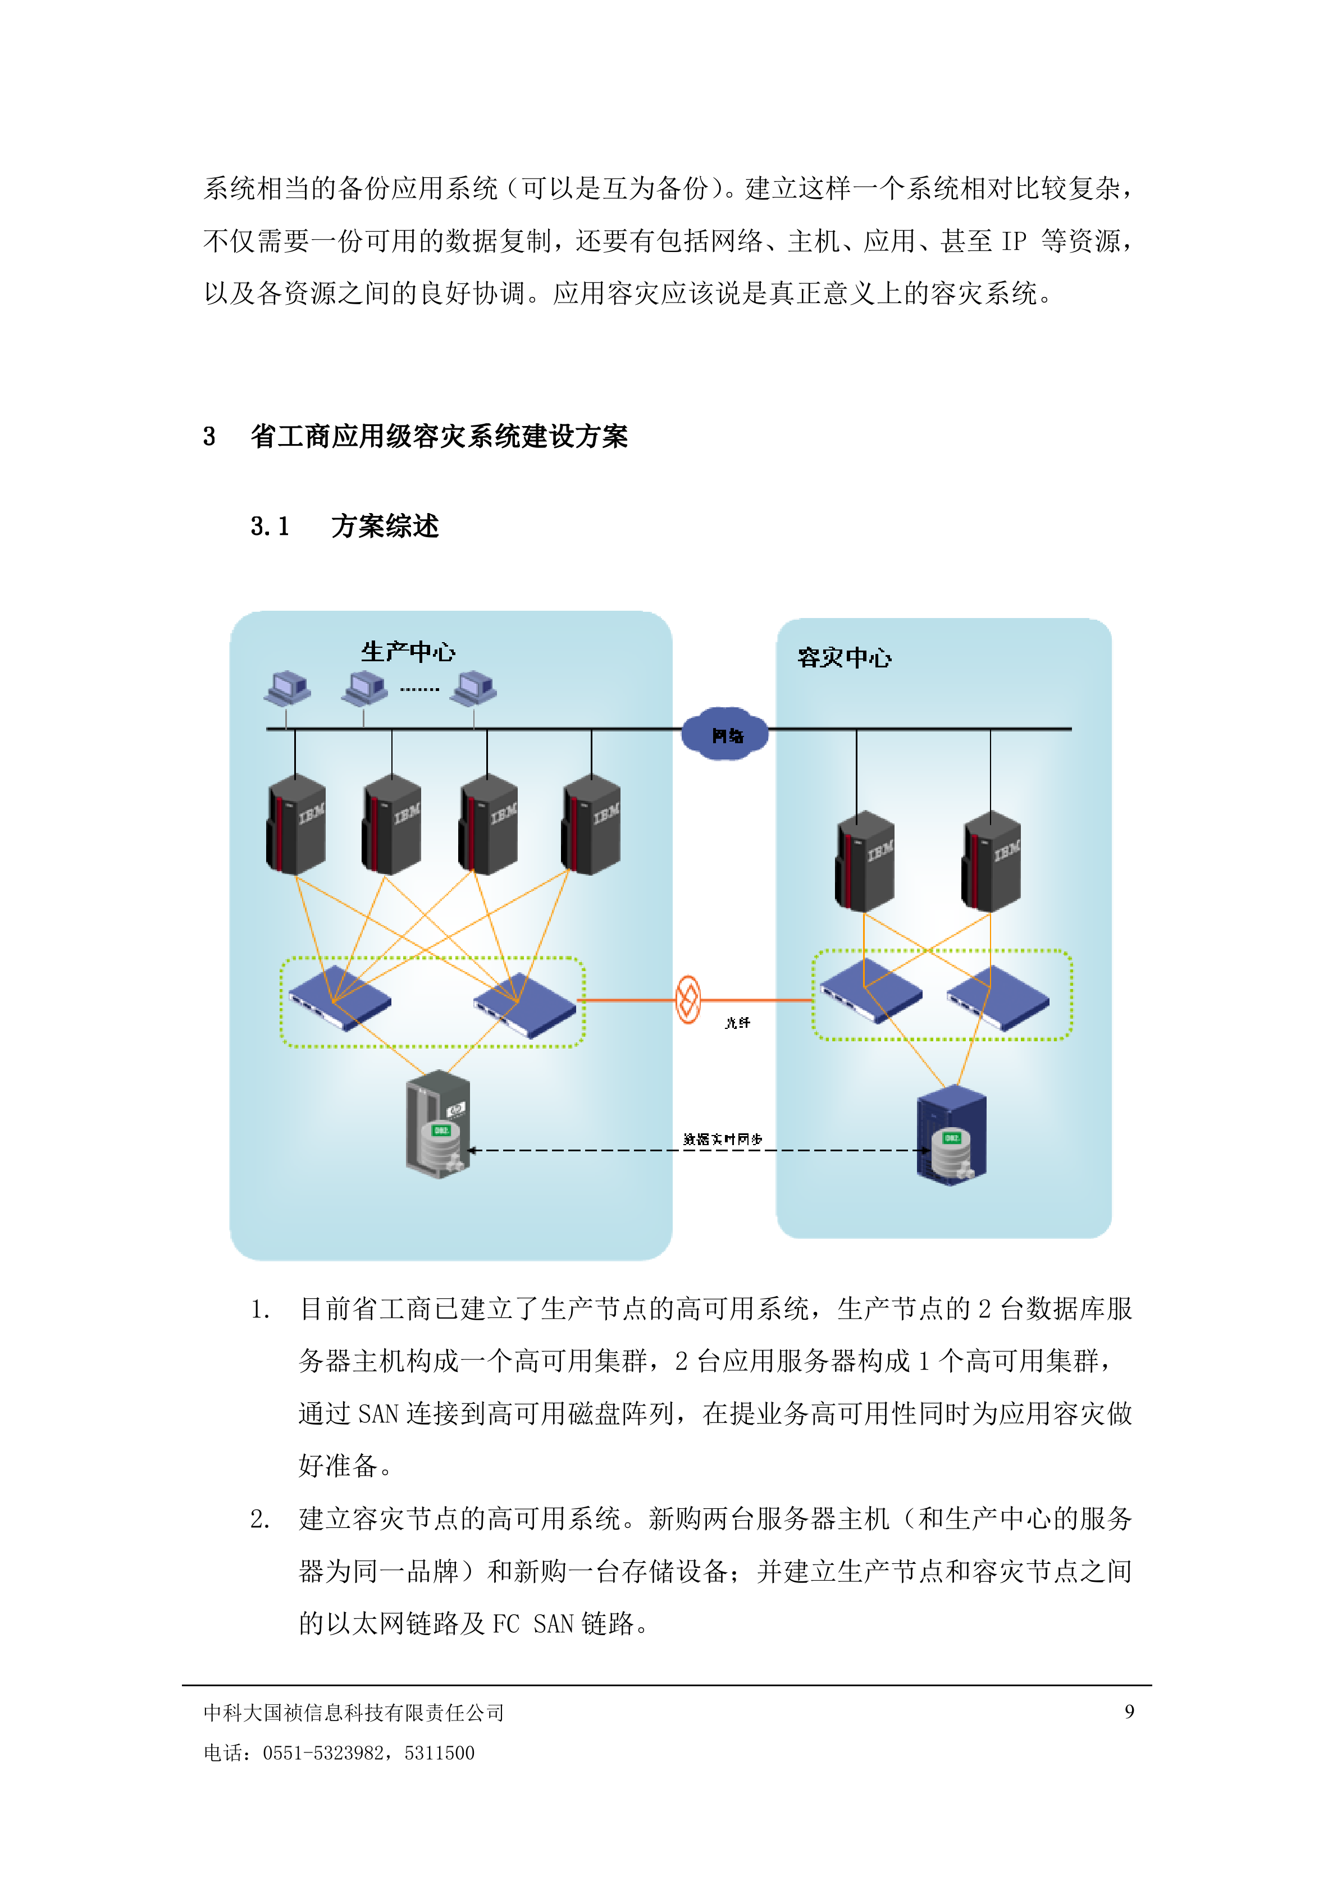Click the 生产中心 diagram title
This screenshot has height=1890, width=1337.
pyautogui.click(x=408, y=652)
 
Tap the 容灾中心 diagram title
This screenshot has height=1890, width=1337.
pyautogui.click(x=844, y=658)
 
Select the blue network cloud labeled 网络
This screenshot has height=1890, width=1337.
pyautogui.click(x=725, y=734)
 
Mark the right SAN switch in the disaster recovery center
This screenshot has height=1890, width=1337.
pyautogui.click(x=998, y=997)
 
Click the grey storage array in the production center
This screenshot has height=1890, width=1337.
pyautogui.click(x=438, y=1124)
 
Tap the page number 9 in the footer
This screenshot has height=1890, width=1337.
pyautogui.click(x=1129, y=1711)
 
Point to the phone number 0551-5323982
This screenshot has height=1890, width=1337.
pyautogui.click(x=327, y=1752)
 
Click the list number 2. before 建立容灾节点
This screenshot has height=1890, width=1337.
pyautogui.click(x=259, y=1519)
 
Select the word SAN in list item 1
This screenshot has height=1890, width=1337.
pyautogui.click(x=378, y=1414)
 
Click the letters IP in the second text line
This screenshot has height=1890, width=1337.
pyautogui.click(x=1014, y=241)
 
